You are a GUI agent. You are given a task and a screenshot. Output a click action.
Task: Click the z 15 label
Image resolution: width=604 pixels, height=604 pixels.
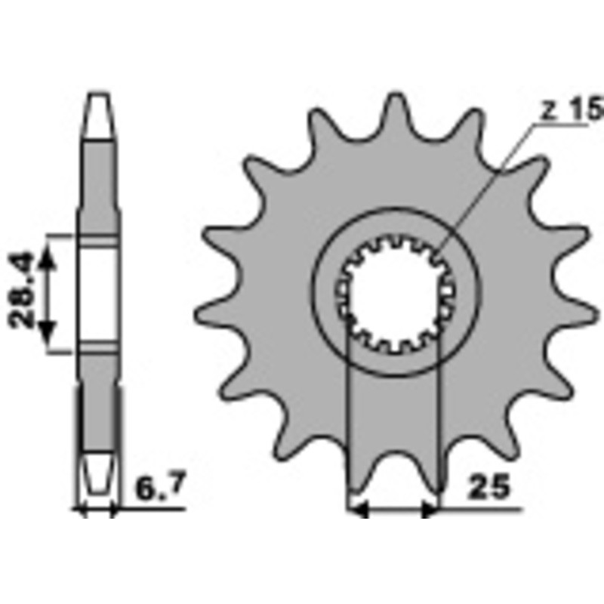[x=571, y=110]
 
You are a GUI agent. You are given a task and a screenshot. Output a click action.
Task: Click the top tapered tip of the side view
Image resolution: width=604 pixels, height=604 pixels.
[x=100, y=106]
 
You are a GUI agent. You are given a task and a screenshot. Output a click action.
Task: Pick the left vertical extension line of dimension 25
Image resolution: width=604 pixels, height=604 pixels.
[x=348, y=423]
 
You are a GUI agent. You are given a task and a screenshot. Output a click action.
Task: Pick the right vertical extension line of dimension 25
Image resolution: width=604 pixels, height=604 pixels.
[x=439, y=423]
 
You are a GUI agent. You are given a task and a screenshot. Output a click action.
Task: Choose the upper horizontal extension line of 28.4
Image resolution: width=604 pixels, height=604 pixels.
[x=60, y=235]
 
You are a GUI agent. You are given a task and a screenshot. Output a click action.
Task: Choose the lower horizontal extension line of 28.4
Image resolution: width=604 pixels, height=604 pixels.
[x=60, y=351]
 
